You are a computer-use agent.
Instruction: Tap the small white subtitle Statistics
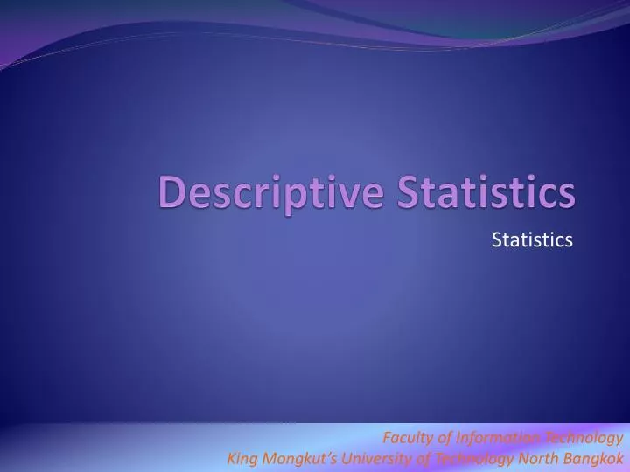click(x=532, y=239)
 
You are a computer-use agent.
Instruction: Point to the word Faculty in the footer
click(x=407, y=438)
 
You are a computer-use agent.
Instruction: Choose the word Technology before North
click(x=472, y=457)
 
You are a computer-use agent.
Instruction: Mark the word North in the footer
click(x=535, y=457)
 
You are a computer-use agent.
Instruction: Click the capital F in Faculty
click(x=387, y=438)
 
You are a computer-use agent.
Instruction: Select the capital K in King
click(x=231, y=457)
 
